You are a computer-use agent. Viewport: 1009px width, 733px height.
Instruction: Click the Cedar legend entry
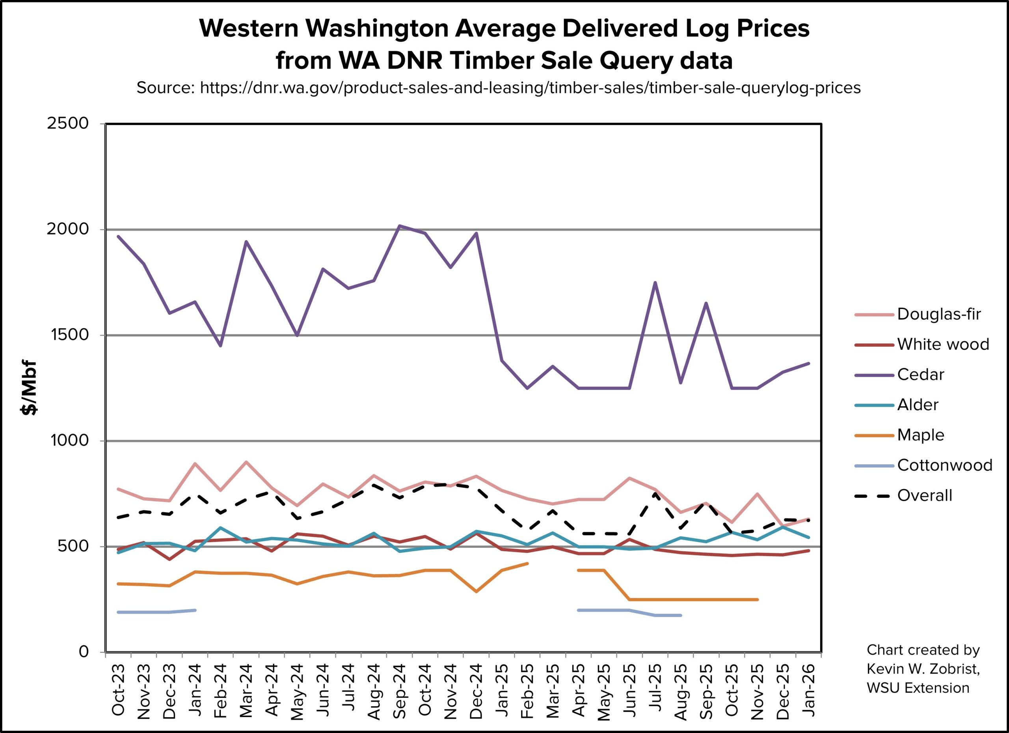[920, 374]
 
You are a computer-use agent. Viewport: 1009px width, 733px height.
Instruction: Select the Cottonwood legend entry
[944, 465]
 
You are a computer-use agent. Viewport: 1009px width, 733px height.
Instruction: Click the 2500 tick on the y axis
[68, 123]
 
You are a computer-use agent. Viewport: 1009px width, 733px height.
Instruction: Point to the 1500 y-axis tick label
[68, 335]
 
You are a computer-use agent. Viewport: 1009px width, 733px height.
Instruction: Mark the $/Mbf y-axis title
[29, 387]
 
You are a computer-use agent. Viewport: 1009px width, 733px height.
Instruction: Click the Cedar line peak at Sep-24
[400, 226]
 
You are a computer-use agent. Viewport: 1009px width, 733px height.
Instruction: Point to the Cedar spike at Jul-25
[655, 283]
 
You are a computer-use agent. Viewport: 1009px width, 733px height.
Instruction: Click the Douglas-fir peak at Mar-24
[246, 462]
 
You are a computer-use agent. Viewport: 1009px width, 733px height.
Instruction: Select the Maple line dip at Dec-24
[477, 592]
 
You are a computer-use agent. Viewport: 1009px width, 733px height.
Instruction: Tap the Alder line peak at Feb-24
[220, 528]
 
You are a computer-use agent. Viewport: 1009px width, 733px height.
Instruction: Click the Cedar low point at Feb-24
[220, 346]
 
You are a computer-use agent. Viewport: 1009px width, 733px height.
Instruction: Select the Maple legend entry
[920, 435]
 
